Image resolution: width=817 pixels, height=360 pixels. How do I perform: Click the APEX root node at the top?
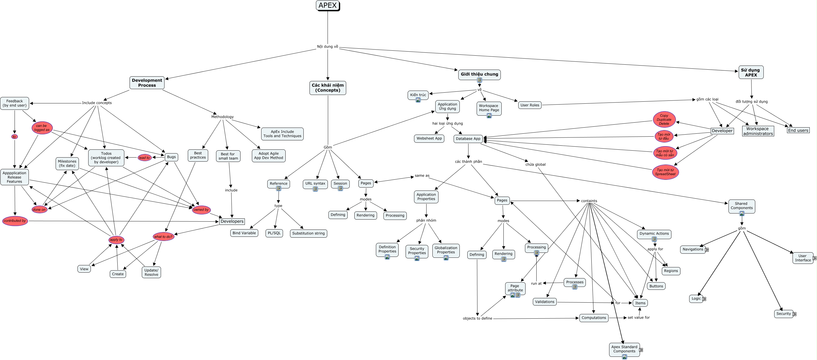pos(328,6)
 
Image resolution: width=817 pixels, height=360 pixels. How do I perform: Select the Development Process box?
pos(147,83)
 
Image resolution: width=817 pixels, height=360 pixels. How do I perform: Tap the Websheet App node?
pos(429,139)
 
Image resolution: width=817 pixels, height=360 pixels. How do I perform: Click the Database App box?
pos(468,139)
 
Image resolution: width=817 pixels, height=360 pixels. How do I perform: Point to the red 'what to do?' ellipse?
pos(163,237)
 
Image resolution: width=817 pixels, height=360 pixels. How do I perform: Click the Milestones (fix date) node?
pos(67,164)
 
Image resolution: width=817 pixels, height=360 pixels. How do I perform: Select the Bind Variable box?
pos(244,233)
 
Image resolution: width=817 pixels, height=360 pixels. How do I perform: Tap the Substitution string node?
pos(308,233)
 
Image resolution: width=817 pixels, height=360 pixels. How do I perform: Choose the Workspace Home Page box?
pos(489,108)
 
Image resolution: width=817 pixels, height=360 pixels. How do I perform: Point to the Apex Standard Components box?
pos(624,350)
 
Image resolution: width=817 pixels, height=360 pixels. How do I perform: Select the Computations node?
pos(594,318)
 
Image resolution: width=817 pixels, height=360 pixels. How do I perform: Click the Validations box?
pos(544,302)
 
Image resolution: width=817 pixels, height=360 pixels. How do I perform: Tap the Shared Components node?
pos(742,206)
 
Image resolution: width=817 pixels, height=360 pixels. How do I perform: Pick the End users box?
pos(798,130)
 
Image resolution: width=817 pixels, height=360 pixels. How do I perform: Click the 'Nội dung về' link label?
pos(328,47)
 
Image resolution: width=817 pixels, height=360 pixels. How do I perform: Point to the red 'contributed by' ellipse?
pos(15,221)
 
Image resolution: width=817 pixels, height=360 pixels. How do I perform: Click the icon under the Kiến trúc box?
pos(418,100)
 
